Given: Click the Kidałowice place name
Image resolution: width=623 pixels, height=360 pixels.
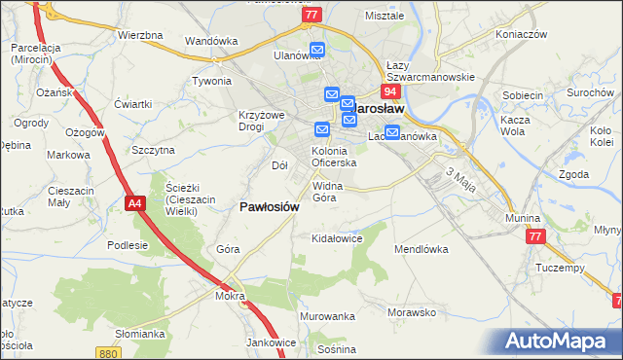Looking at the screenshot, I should pyautogui.click(x=336, y=237).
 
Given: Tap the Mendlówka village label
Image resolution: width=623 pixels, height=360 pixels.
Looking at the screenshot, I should pyautogui.click(x=421, y=249).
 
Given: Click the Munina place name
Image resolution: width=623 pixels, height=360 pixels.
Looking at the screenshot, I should pyautogui.click(x=523, y=219).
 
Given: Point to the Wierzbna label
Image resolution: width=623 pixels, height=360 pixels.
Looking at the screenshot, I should pyautogui.click(x=139, y=35).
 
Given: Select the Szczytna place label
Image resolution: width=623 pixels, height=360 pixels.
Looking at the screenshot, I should pyautogui.click(x=153, y=150).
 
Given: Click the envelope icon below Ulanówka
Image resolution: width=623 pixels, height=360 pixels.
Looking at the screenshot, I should pyautogui.click(x=317, y=51).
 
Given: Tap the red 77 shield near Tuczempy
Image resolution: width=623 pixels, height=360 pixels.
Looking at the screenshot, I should pyautogui.click(x=534, y=237).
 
